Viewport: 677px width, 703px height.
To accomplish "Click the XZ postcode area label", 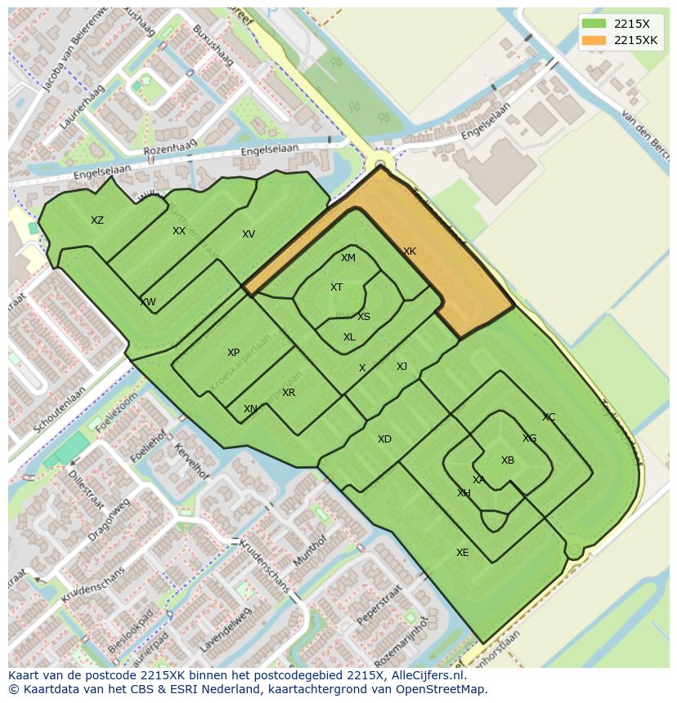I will [97, 220].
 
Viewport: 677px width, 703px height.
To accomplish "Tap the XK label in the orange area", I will [410, 251].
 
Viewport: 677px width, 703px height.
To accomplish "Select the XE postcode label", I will [463, 553].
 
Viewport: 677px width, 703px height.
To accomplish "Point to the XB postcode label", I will [508, 461].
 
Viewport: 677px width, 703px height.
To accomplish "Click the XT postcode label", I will [336, 287].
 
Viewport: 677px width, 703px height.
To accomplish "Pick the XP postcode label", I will [233, 353].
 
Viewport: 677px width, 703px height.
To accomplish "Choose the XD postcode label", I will [384, 439].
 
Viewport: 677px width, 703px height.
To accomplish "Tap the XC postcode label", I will [549, 417].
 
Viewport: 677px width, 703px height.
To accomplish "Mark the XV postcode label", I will [249, 234].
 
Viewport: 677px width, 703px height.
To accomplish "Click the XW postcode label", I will [147, 302].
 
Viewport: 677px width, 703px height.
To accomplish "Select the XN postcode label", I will [250, 409].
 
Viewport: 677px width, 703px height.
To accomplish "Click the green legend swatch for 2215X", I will [594, 24].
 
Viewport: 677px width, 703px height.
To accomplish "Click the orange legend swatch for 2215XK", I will [594, 40].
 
